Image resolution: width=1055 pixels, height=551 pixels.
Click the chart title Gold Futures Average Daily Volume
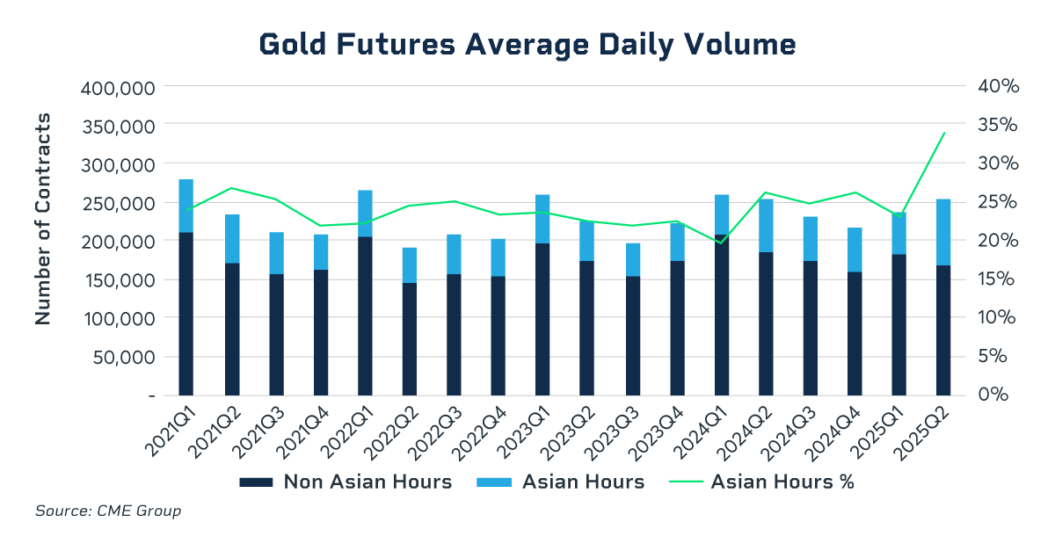(x=527, y=44)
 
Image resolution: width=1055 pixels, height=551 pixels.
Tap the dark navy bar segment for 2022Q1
(x=365, y=315)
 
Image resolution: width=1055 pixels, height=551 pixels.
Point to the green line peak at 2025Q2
(x=944, y=133)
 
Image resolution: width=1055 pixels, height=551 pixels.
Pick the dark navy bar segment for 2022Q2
(x=410, y=338)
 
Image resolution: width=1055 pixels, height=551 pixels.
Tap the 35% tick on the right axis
(x=996, y=126)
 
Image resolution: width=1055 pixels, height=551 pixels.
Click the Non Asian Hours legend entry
(x=346, y=482)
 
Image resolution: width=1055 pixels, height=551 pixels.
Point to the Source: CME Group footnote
(x=108, y=511)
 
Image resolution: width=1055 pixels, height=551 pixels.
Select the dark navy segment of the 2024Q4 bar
(x=855, y=333)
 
